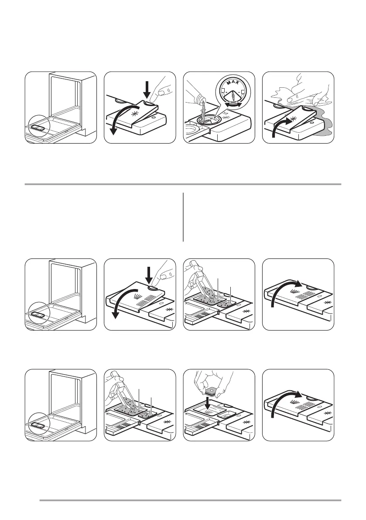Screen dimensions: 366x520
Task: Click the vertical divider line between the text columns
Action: coord(183,217)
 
